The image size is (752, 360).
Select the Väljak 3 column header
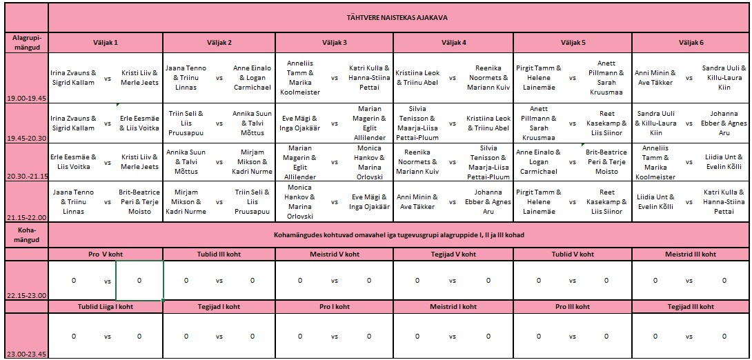point(334,43)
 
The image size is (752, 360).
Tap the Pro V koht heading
point(106,254)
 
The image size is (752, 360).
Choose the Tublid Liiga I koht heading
point(106,306)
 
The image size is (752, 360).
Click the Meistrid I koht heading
point(453,306)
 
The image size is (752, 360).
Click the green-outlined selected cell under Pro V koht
point(139,281)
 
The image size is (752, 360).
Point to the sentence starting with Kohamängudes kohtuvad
point(399,234)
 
